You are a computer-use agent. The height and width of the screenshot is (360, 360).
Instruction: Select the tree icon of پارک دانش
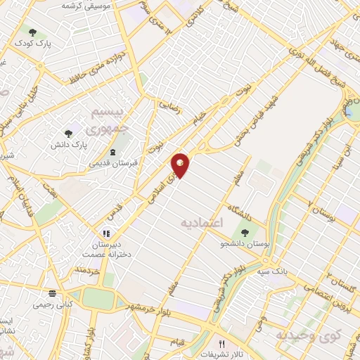[68, 133]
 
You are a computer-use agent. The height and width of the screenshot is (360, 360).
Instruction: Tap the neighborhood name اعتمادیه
[202, 222]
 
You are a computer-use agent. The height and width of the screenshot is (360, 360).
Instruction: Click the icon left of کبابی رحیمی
[51, 295]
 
